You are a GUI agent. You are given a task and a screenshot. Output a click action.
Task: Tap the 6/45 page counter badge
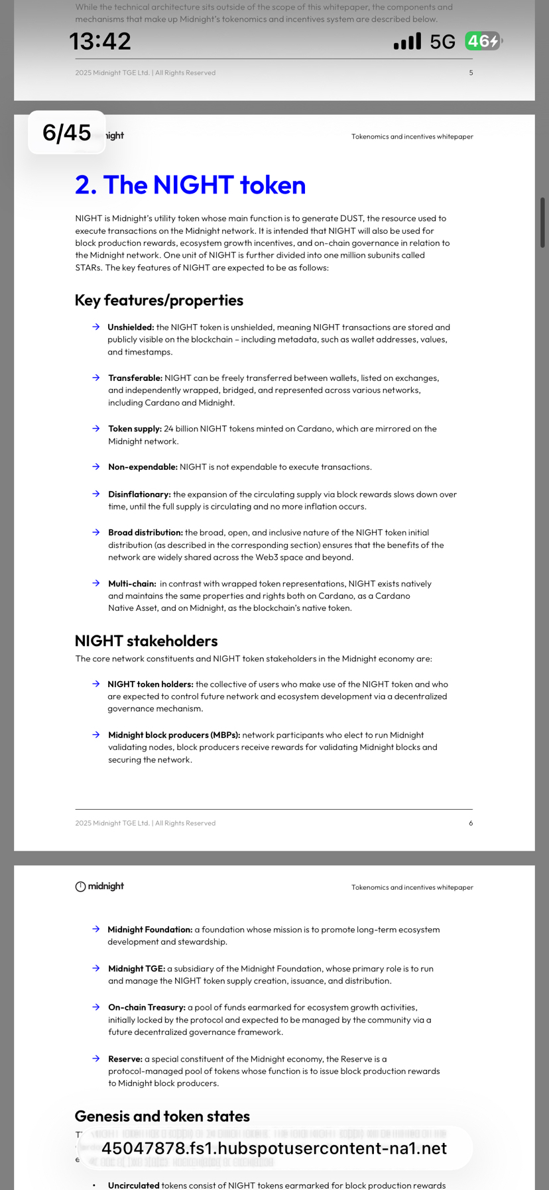coord(66,133)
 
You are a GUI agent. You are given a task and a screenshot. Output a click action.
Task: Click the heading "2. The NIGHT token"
coord(190,185)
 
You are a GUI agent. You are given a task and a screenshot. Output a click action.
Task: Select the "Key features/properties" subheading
coord(159,300)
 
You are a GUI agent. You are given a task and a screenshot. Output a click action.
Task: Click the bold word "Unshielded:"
coord(131,327)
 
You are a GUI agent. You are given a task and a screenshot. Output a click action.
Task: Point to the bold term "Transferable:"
coord(135,378)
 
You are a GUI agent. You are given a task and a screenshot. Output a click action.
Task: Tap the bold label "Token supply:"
coord(135,429)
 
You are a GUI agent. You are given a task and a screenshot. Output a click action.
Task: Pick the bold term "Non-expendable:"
coord(143,467)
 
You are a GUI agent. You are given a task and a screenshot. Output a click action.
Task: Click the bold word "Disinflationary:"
coord(139,494)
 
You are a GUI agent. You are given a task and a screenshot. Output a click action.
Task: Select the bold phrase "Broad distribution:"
coord(145,533)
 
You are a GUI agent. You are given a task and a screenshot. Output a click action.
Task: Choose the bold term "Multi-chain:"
coord(132,584)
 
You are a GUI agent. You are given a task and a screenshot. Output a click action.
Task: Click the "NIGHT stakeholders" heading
coord(146,641)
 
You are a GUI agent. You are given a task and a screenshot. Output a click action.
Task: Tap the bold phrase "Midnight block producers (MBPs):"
coord(174,735)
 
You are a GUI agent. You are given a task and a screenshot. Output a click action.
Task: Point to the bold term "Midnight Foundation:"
coord(150,930)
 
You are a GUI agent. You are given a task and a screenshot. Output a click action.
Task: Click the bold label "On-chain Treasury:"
coord(147,1007)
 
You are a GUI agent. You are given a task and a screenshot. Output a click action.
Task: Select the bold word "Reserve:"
coord(125,1059)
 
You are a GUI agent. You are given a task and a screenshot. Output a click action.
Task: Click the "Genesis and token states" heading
coord(162,1116)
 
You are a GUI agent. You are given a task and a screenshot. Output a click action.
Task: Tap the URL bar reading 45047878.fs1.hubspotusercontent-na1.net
coord(274,1148)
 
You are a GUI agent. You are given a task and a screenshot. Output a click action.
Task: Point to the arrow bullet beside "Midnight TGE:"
coord(96,968)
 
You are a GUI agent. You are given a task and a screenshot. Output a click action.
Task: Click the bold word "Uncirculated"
coord(133,1185)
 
